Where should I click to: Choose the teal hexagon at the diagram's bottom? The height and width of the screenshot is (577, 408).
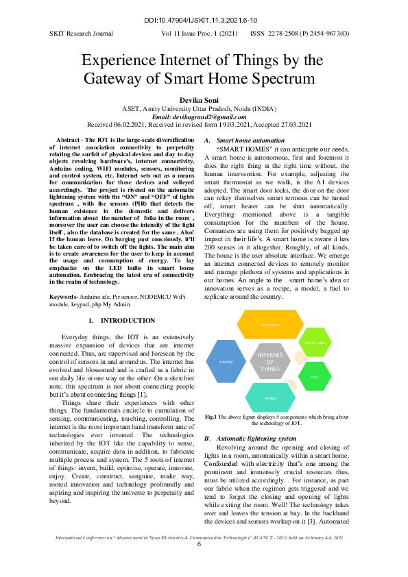coord(270,397)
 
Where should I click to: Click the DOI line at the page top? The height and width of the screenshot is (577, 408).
coord(203,21)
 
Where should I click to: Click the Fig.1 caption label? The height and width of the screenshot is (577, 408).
coord(211,416)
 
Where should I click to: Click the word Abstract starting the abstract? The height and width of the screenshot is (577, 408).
coord(69,140)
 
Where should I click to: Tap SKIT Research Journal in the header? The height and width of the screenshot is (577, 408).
coord(80,33)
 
